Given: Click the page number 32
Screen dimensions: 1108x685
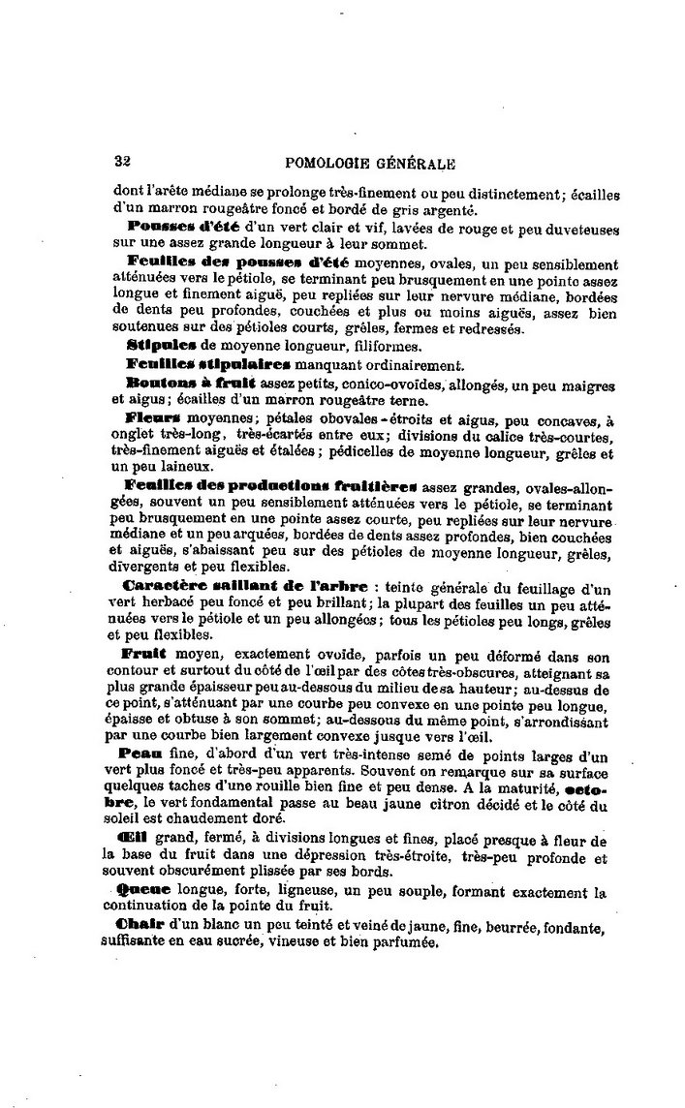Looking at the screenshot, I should (123, 163).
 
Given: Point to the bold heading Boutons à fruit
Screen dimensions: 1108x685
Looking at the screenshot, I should (184, 384).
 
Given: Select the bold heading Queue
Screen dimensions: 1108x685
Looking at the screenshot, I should (142, 890).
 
